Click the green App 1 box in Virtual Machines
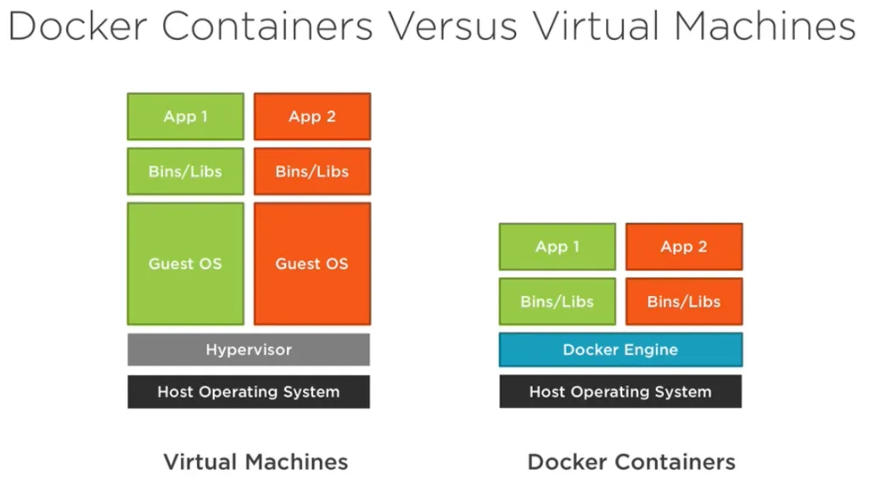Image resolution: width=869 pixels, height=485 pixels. click(x=185, y=116)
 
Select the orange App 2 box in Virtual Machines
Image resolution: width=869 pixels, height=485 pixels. click(x=311, y=116)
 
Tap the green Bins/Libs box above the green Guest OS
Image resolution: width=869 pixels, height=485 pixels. click(x=185, y=171)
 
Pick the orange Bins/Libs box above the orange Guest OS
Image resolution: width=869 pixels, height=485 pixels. click(x=311, y=171)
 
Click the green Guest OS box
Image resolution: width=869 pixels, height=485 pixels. click(x=185, y=263)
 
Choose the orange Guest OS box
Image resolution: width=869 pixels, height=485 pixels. click(x=311, y=263)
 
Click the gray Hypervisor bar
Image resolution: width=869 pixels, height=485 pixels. click(x=249, y=349)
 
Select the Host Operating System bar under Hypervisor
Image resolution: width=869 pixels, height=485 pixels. click(x=249, y=392)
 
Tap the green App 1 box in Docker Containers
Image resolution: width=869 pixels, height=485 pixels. click(x=557, y=247)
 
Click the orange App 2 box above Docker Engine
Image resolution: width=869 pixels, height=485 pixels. click(x=683, y=247)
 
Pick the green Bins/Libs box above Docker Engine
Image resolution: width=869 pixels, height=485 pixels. click(x=557, y=301)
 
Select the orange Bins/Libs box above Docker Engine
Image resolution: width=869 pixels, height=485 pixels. click(x=683, y=301)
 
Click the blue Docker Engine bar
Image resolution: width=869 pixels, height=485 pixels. click(x=620, y=349)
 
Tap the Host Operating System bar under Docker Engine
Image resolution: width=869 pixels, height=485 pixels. click(x=620, y=392)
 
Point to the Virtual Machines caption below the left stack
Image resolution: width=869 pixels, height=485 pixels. click(x=255, y=462)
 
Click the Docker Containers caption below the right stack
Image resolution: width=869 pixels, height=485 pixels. click(x=631, y=462)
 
